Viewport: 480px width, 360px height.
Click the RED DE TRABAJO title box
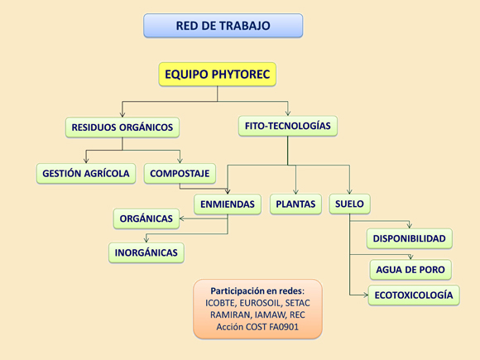pos(223,26)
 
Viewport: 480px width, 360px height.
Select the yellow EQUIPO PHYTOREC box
pos(218,74)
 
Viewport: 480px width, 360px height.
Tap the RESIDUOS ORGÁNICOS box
pos(122,127)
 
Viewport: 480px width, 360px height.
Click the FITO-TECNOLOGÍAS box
pos(288,126)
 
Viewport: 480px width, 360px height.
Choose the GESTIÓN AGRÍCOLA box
pos(86,174)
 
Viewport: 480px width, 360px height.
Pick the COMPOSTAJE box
pos(180,174)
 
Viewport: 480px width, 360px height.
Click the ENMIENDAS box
pos(228,204)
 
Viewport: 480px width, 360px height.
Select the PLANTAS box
pos(295,204)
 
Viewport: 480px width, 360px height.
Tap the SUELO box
pos(349,204)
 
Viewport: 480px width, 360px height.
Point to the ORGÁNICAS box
pos(146,218)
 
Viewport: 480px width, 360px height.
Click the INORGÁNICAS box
pos(146,252)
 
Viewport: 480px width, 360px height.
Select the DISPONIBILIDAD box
pos(410,238)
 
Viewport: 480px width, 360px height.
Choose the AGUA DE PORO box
pos(410,270)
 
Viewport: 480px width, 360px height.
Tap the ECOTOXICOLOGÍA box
pos(414,295)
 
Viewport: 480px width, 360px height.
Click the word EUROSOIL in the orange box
pos(260,303)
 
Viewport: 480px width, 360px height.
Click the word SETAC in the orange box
pos(298,303)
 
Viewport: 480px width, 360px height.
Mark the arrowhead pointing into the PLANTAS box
pos(295,192)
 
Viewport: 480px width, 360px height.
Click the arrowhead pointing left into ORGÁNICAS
pos(181,218)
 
